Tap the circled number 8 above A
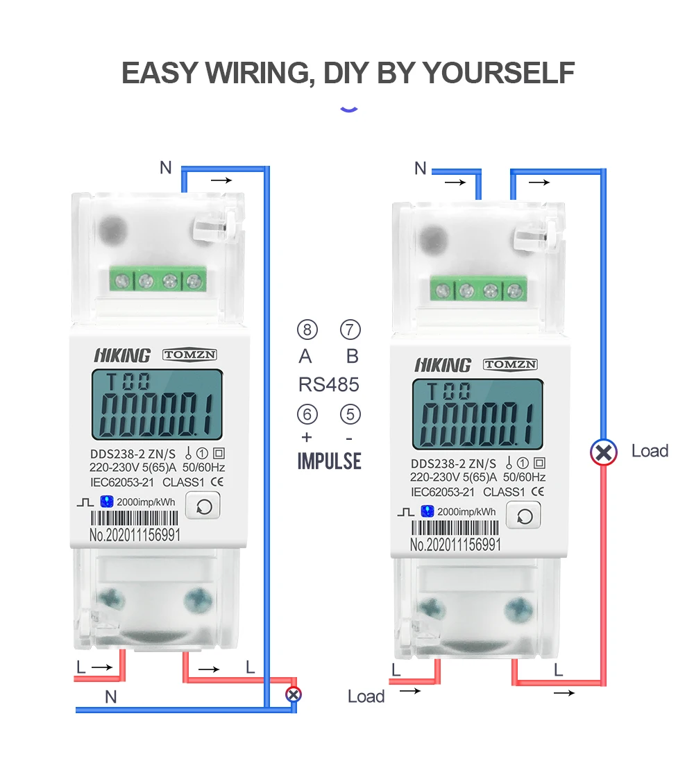click(307, 330)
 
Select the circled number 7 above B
click(351, 330)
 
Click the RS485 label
click(329, 384)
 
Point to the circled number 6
click(307, 415)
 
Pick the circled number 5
click(350, 415)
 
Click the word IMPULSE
click(330, 461)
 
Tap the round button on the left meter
click(203, 506)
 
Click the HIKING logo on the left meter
click(122, 356)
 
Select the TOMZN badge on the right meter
click(511, 364)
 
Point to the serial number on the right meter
click(455, 545)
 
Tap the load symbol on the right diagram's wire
click(604, 452)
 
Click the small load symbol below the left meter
click(294, 693)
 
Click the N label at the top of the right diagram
click(420, 169)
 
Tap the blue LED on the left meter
click(107, 500)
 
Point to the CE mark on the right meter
click(537, 492)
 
